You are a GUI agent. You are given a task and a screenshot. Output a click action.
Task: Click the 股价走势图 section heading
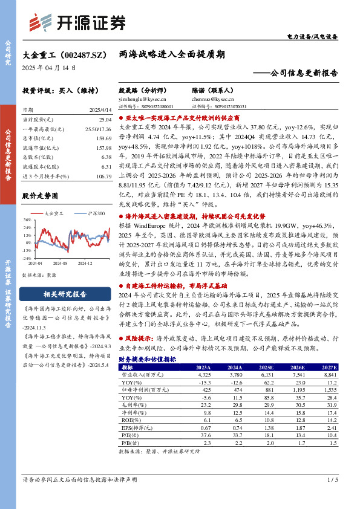(40, 196)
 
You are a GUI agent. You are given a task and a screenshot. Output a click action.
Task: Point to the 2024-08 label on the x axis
(60, 263)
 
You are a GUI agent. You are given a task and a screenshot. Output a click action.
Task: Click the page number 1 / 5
(332, 480)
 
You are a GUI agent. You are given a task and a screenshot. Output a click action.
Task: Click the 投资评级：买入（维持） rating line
(57, 90)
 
